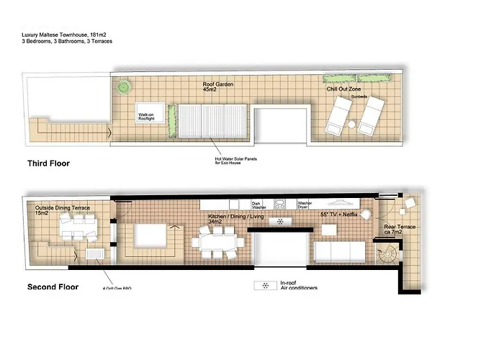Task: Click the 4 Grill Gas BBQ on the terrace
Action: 95,255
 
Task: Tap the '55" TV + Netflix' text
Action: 338,215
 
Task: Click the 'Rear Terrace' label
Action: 405,230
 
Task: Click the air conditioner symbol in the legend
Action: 265,286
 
